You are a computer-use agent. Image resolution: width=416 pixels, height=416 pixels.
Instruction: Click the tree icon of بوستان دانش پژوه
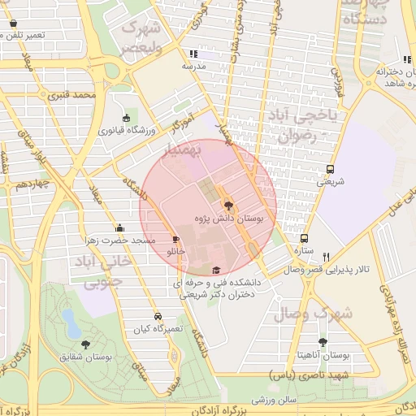[227, 206]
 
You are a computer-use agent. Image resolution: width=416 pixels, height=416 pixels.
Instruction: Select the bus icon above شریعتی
[331, 170]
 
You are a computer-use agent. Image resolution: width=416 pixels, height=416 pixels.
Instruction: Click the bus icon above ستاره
[305, 239]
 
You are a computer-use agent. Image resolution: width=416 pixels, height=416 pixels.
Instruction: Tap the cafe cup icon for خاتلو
[175, 239]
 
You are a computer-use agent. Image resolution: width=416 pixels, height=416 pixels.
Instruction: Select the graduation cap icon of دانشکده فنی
[215, 271]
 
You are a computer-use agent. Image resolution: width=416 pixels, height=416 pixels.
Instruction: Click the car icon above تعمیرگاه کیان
[157, 317]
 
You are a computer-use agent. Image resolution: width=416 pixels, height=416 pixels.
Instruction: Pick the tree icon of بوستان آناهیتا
[323, 342]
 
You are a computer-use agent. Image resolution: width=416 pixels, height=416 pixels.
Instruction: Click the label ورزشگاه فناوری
[128, 130]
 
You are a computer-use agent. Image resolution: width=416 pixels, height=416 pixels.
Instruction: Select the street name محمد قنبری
[72, 95]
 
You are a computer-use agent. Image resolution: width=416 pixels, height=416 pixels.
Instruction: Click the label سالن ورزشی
[271, 400]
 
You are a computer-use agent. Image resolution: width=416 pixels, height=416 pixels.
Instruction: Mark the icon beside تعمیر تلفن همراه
[13, 23]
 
